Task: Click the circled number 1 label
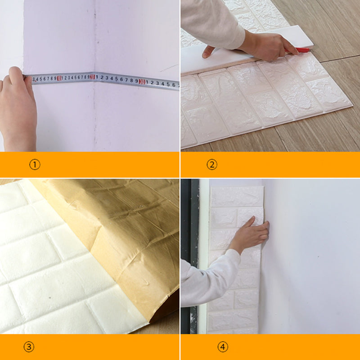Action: pos(35,164)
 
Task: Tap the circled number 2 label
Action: pos(212,164)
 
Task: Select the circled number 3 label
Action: pos(29,347)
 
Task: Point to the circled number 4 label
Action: pos(223,347)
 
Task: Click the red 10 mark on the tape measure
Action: pos(59,79)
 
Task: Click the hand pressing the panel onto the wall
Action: pos(252,232)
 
